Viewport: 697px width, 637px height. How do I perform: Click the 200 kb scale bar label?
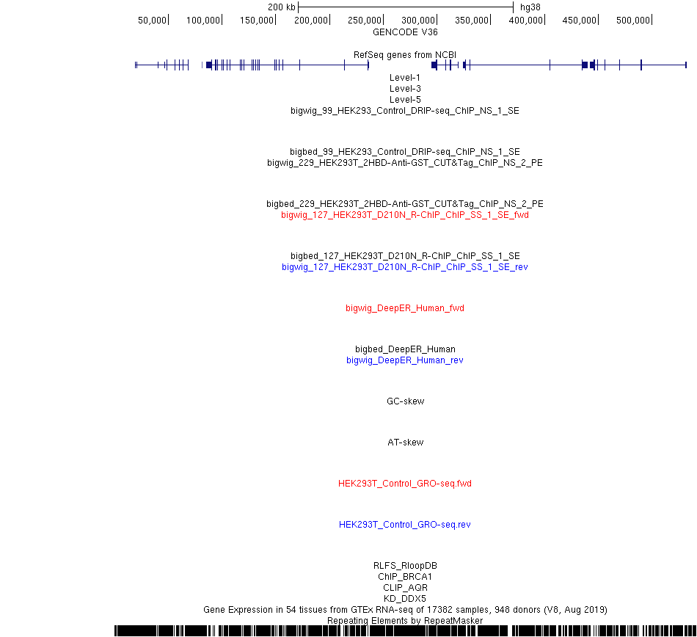click(282, 7)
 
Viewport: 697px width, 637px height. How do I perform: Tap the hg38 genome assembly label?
click(530, 7)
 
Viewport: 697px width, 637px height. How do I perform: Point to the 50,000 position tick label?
click(152, 21)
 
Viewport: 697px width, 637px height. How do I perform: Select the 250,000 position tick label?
click(365, 21)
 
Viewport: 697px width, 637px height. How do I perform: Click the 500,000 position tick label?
click(633, 21)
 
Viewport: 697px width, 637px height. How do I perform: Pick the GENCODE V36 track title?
click(405, 32)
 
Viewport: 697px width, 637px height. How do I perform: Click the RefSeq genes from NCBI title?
click(405, 55)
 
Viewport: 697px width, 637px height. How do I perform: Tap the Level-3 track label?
click(405, 89)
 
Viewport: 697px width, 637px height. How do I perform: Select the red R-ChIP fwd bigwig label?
click(405, 215)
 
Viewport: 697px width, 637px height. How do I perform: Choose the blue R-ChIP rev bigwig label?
click(405, 267)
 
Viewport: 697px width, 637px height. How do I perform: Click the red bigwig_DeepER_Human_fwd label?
click(405, 308)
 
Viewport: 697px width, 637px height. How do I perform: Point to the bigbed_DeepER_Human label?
click(405, 349)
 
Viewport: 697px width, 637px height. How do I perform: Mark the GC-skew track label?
click(406, 401)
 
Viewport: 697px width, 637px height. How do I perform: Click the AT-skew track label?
click(406, 443)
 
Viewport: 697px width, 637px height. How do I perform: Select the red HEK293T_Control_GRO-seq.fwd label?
click(405, 484)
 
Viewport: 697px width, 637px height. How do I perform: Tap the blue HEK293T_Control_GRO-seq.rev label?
click(405, 525)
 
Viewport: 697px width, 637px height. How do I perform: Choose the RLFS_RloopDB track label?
click(405, 566)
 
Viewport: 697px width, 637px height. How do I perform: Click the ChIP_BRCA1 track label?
click(405, 577)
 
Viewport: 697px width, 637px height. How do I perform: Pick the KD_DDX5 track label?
click(405, 599)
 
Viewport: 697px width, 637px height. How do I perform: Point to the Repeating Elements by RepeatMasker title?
click(405, 621)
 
